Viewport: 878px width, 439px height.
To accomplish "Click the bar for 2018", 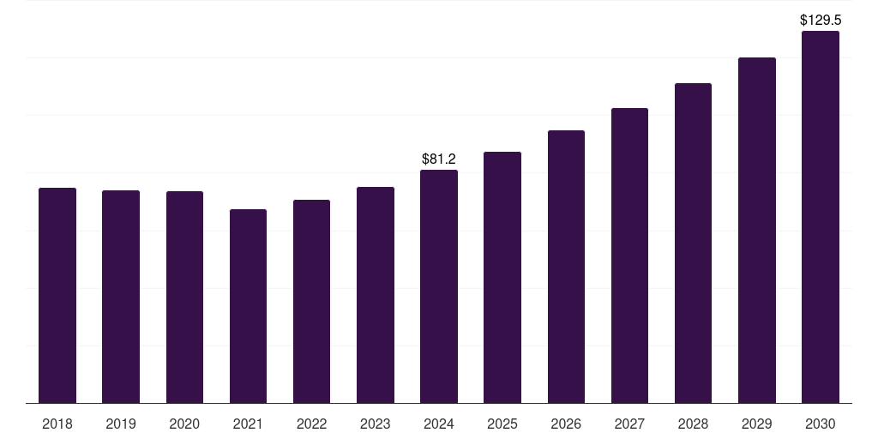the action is (57, 296).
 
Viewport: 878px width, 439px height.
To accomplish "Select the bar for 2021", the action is (248, 306).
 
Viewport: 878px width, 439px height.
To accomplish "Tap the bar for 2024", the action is (439, 286).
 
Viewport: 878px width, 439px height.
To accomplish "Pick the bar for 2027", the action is (629, 256).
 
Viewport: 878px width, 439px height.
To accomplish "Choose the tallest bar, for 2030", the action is (821, 217).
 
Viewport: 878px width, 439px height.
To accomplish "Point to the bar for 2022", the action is (311, 302).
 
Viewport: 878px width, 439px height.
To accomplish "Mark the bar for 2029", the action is (757, 231).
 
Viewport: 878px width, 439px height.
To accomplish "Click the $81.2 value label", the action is (439, 159).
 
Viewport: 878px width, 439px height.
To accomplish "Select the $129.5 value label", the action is (821, 21).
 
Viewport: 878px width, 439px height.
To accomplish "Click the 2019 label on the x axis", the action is (121, 424).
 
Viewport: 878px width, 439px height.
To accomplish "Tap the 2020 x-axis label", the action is (184, 424).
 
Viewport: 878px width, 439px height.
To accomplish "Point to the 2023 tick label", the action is (376, 424).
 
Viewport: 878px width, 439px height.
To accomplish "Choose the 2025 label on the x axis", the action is (502, 424).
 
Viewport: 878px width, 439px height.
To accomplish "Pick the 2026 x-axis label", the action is (566, 424).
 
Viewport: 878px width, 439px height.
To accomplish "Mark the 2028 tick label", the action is (693, 424).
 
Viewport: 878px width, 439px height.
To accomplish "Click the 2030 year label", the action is (821, 424).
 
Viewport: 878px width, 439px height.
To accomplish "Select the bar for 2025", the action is (502, 278).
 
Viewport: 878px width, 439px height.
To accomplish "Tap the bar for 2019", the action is (121, 297).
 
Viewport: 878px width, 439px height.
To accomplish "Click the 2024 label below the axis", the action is (439, 424).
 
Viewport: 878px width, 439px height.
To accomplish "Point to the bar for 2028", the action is (693, 244).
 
